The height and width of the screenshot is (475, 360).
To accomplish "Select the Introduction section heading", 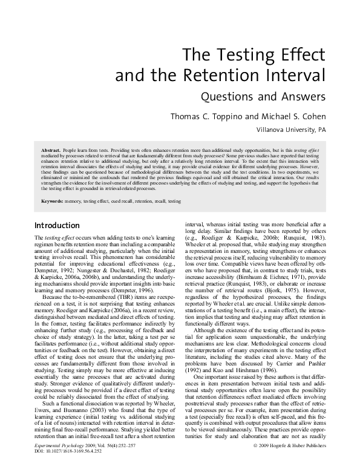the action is [59, 226].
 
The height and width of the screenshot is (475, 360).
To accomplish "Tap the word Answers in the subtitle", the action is [304, 96].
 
